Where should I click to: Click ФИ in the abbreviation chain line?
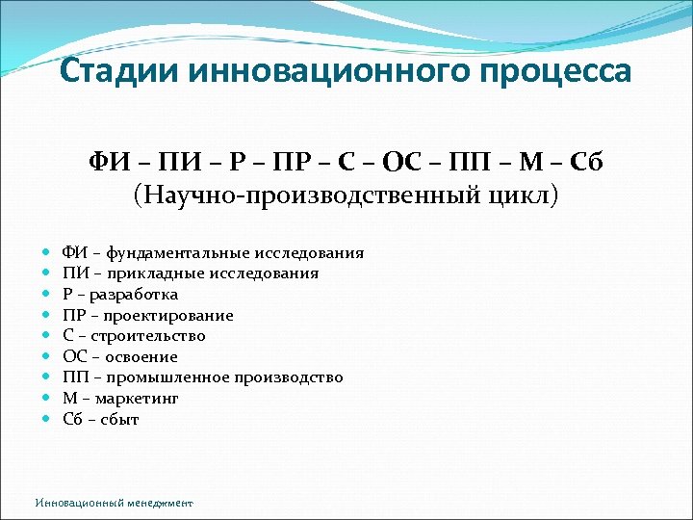(108, 160)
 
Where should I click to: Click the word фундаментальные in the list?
(179, 253)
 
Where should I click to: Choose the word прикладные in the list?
(155, 273)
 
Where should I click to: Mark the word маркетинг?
(141, 399)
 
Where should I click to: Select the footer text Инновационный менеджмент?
(114, 503)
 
